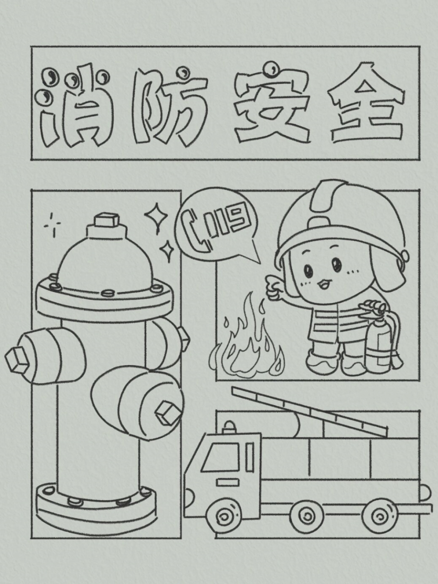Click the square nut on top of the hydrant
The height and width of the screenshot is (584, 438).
click(106, 220)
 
